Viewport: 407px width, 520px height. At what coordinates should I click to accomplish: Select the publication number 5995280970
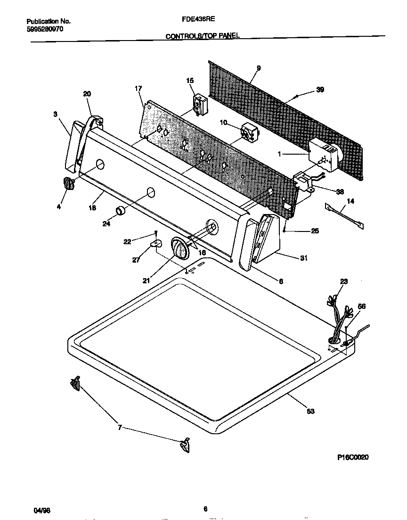point(45,29)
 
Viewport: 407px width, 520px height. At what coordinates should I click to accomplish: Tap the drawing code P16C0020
point(353,457)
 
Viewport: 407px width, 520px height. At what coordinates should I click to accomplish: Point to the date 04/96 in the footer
point(42,510)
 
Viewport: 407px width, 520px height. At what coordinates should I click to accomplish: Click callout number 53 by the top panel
point(310,411)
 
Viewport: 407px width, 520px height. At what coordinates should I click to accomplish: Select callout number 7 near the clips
point(120,428)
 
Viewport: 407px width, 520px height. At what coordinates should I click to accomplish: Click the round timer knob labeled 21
point(179,248)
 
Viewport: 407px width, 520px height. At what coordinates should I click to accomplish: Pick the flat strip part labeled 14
point(344,215)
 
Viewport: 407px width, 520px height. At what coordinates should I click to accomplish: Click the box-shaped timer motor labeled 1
point(324,154)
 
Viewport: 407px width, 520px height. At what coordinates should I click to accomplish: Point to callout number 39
point(320,90)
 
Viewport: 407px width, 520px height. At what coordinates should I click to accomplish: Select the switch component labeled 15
point(199,104)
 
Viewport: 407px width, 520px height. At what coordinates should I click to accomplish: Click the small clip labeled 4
point(68,183)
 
